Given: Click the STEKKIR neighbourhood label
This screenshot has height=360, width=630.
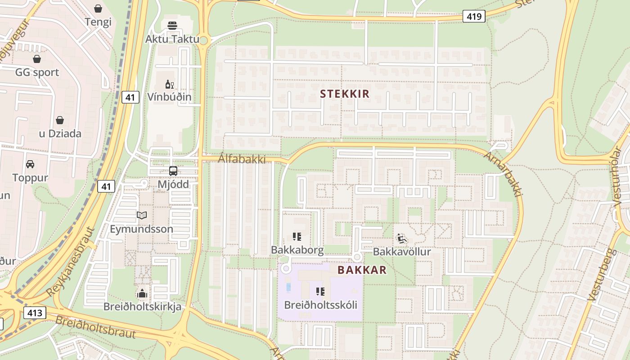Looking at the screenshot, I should pos(345,94).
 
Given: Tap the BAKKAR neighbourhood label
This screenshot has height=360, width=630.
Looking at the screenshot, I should pos(362,270).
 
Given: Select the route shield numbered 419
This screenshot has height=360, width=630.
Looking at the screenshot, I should pos(474,17).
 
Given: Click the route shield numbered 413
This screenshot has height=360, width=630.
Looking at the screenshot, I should pos(35,313).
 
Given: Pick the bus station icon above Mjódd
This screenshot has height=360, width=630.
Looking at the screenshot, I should pos(173,171).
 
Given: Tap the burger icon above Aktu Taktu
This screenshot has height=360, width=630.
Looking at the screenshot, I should pos(172,26).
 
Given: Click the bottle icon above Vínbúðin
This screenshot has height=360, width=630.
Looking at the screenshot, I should pos(169,84).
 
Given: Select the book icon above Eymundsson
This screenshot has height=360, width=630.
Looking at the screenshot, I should pos(142,216).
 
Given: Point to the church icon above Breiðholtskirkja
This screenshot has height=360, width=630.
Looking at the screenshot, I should pos(142,294).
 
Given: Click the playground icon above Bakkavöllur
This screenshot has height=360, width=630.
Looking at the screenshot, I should pos(402,238).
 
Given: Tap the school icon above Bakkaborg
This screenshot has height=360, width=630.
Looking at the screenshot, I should pos(297,236).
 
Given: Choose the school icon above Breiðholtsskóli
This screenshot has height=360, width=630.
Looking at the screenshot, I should pos(320,292).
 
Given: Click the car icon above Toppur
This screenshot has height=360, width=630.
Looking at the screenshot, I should pos(30,164).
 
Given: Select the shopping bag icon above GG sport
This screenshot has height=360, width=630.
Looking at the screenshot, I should pos(37,59).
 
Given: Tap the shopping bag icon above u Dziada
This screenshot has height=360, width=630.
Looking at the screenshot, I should pos(59,120).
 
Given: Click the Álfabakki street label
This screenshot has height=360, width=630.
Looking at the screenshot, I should pos(242,159).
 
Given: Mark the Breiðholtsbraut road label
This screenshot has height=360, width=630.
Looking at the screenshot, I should pos(95,327).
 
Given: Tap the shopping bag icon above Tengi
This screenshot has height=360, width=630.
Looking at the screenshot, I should pos(98,8).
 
